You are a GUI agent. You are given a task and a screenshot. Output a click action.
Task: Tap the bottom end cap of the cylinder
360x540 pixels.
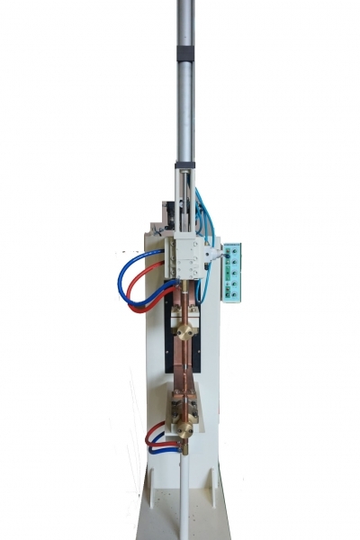point(185,167)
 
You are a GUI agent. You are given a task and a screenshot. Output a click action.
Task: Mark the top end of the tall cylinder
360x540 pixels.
point(184,4)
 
